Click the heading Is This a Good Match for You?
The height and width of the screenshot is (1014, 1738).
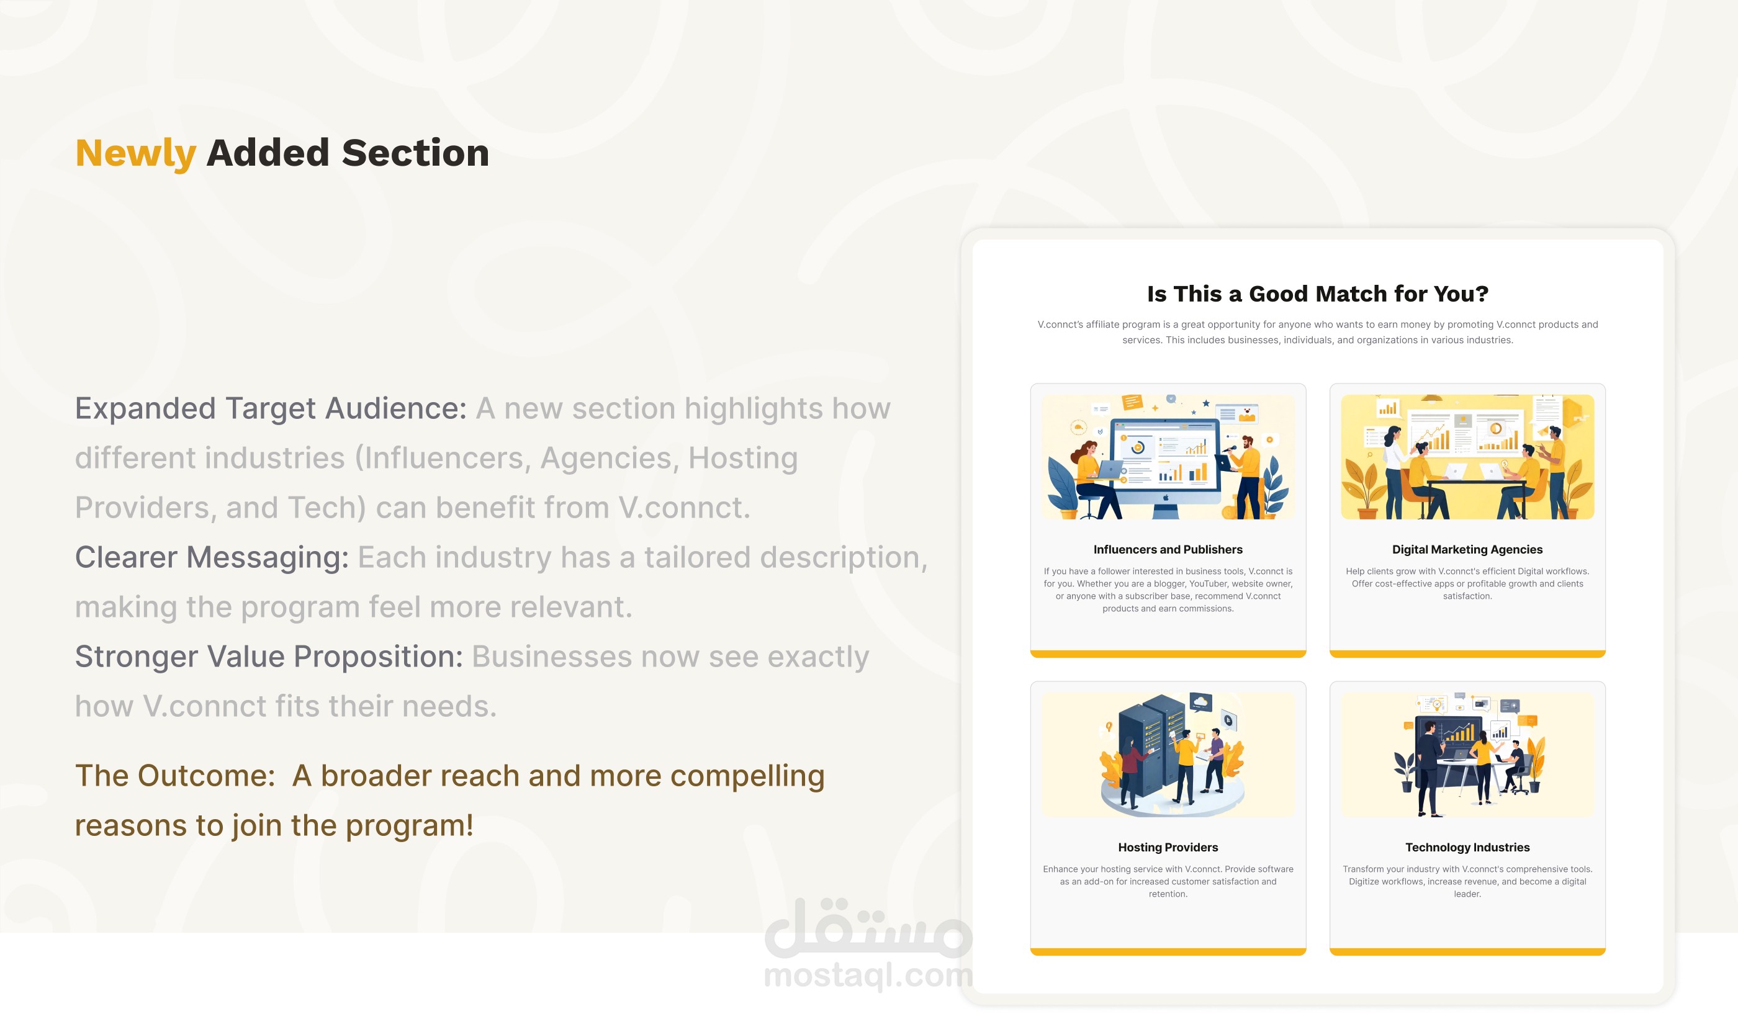1317,294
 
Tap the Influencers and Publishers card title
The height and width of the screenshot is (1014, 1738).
1168,549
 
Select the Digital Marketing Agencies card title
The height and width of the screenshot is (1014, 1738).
1467,549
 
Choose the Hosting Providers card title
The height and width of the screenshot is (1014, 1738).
1168,847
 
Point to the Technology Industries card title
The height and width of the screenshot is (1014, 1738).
1467,847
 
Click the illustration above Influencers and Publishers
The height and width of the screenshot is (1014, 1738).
1168,456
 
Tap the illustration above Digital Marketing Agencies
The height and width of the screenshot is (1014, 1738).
1467,456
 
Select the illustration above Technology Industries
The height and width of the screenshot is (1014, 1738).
1467,755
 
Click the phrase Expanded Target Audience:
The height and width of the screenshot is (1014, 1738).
271,409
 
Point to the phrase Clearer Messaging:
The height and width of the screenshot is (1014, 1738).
212,557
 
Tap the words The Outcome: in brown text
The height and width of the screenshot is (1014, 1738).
175,776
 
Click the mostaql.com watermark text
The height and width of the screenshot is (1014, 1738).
868,975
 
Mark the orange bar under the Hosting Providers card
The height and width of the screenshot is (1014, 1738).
1168,952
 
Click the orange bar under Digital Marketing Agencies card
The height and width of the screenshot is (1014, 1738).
1467,654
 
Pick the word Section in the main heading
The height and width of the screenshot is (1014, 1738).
416,153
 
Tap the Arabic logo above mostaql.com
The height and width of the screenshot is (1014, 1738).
868,928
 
